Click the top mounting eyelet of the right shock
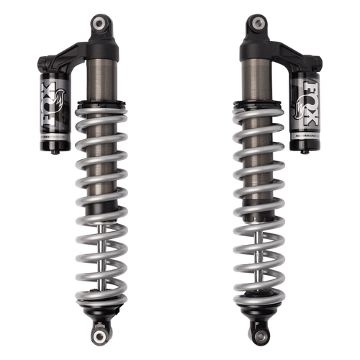point(258,23)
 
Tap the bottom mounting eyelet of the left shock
point(100,336)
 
